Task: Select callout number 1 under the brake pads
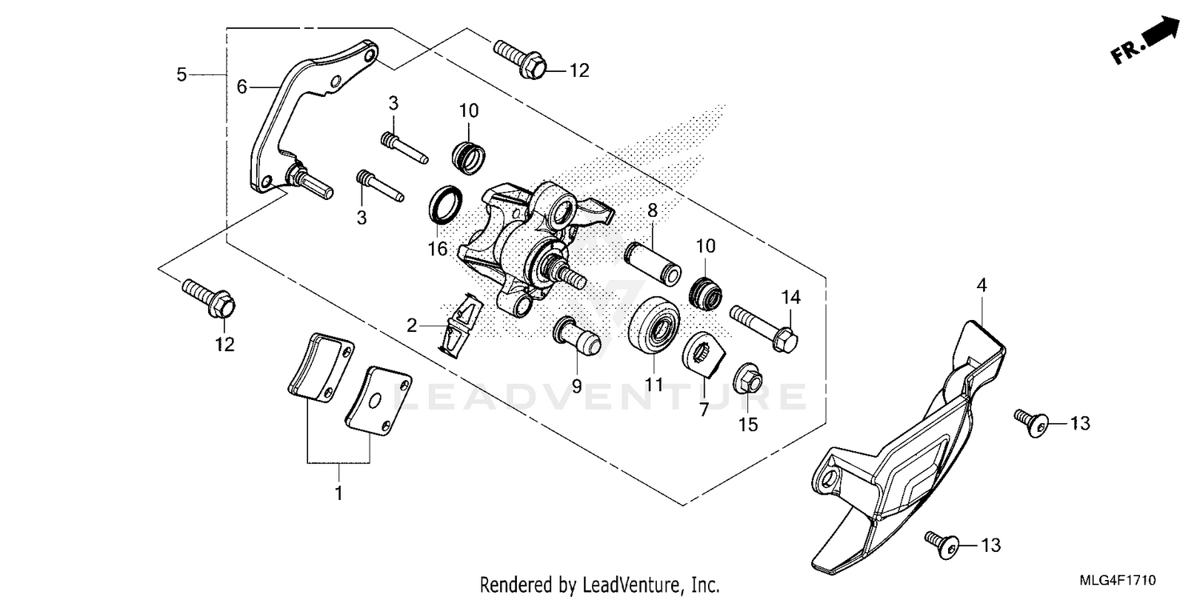coord(338,494)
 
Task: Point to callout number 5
coord(182,74)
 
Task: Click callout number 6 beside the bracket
coord(242,86)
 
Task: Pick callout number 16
coord(437,249)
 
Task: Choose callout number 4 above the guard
coord(982,284)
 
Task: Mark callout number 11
coord(655,385)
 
